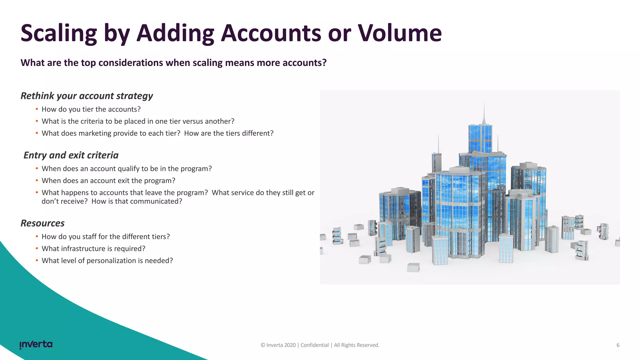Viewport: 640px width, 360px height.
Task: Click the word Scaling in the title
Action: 59,33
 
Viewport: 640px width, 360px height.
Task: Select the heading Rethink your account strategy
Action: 87,96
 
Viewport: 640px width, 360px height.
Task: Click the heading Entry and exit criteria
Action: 71,155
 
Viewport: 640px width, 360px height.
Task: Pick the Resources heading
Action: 42,223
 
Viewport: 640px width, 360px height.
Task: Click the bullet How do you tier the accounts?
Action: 91,109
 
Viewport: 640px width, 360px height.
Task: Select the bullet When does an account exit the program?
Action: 108,181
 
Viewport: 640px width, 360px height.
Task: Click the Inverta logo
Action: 36,344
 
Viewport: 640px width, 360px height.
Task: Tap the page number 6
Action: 618,345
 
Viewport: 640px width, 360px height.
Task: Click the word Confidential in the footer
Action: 314,345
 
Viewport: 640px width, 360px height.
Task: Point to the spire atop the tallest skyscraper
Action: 484,112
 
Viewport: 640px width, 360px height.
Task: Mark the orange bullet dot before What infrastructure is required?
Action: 37,249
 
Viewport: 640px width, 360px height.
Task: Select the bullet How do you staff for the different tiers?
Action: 106,237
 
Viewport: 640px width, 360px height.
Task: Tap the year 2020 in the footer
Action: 290,345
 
